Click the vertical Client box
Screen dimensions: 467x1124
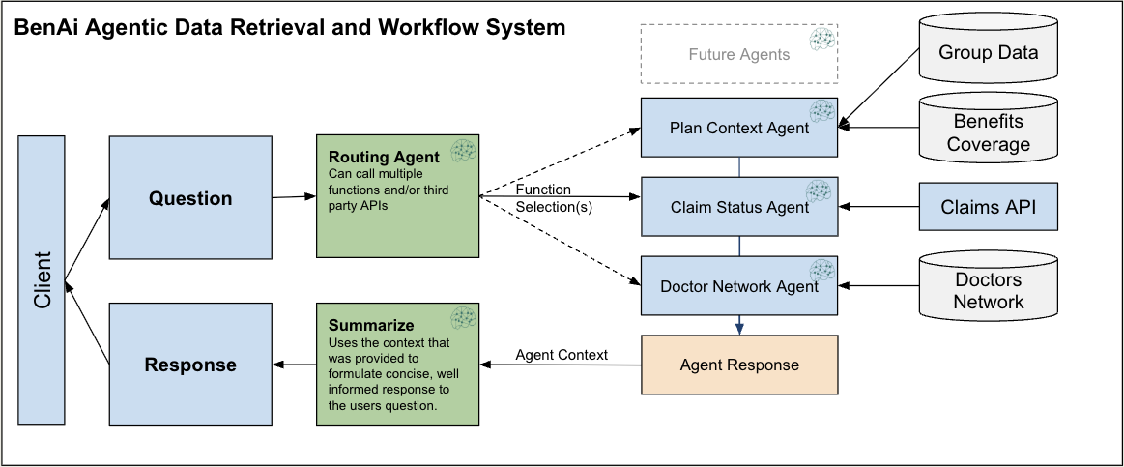click(42, 279)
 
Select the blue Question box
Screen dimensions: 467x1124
click(189, 198)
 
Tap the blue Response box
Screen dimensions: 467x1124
click(189, 365)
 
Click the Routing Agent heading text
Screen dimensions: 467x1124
click(384, 157)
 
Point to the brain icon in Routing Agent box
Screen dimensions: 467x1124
click(463, 151)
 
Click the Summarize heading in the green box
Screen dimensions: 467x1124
click(371, 325)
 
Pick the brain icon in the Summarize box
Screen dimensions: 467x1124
click(463, 318)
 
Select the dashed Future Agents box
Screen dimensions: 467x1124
click(738, 54)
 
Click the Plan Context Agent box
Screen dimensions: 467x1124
click(738, 128)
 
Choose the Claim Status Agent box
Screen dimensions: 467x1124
click(738, 207)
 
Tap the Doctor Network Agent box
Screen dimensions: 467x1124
click(738, 286)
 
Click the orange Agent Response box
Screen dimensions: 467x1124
click(738, 365)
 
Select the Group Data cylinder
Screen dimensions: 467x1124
click(988, 52)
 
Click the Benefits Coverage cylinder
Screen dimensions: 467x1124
click(988, 132)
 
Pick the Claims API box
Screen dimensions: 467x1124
click(988, 206)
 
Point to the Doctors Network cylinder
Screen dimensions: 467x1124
click(988, 290)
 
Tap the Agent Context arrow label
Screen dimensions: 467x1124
click(561, 355)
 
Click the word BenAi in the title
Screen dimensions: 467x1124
click(46, 28)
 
